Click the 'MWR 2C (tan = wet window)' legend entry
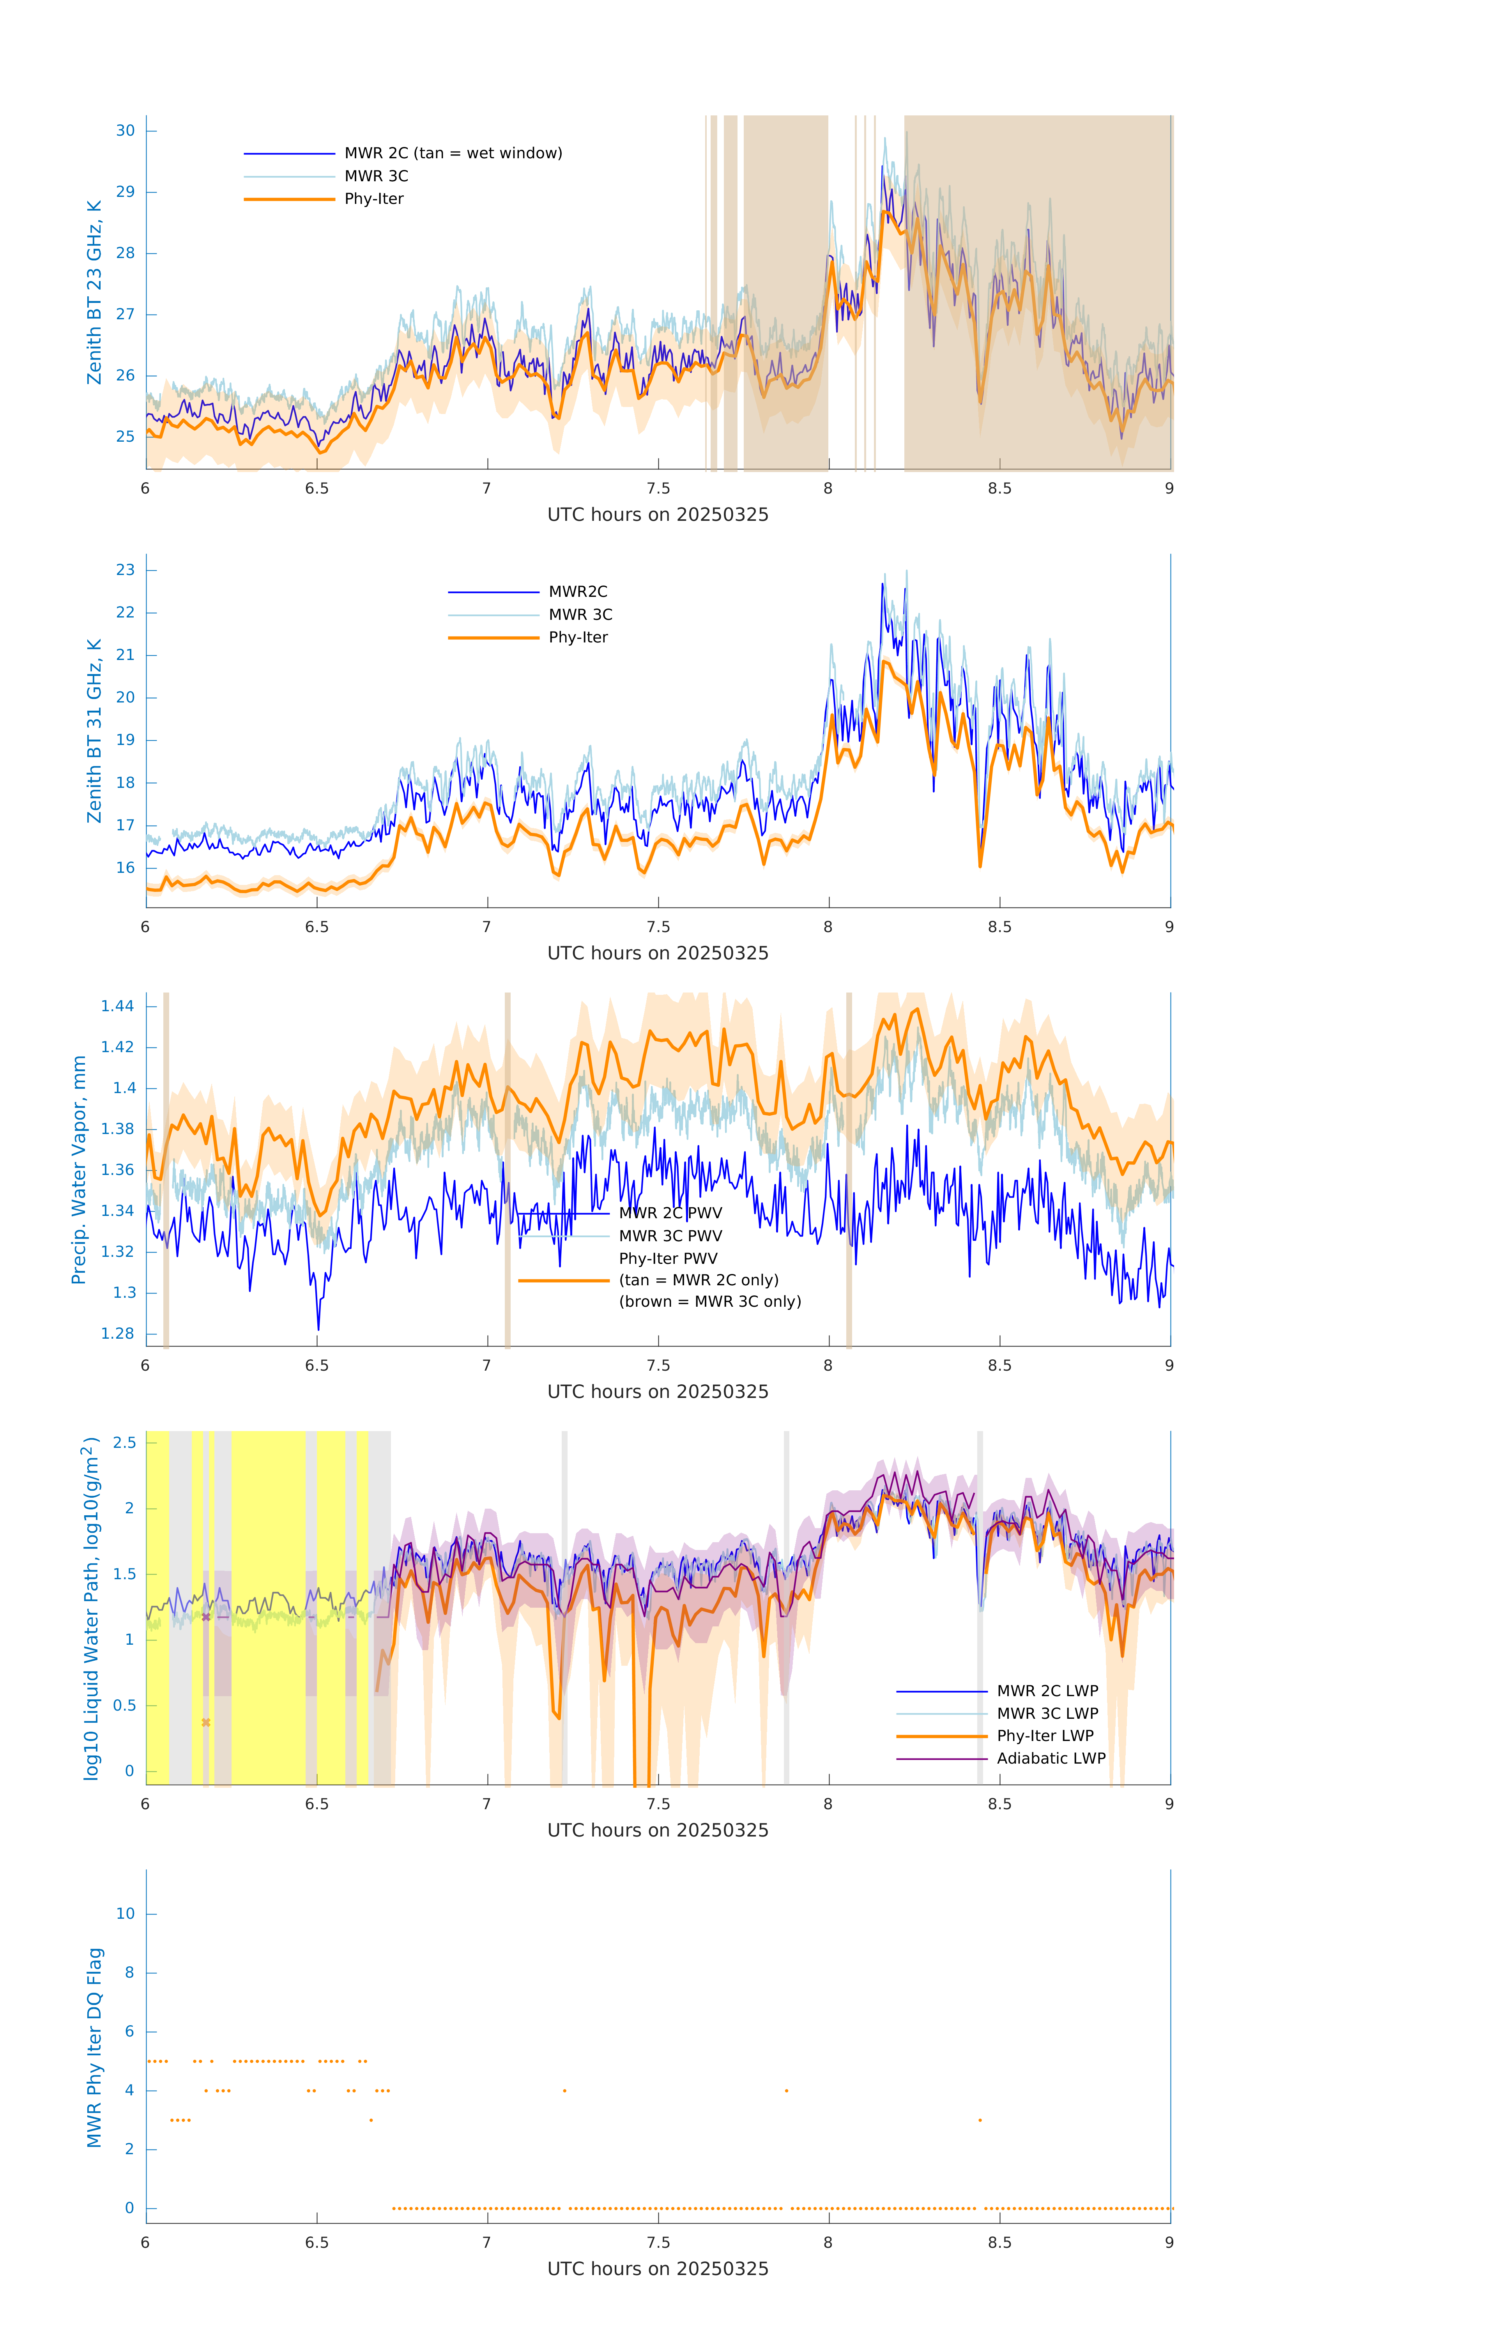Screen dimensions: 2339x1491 [x=453, y=154]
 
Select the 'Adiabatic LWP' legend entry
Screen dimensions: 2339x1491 [x=1051, y=1758]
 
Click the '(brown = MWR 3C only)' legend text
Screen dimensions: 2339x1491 [x=710, y=1302]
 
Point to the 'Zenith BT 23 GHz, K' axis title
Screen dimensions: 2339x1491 [x=94, y=292]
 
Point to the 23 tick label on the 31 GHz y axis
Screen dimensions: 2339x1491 [x=125, y=570]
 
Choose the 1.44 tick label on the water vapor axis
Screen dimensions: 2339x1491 [x=118, y=1006]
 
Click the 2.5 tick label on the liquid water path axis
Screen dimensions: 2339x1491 [x=124, y=1442]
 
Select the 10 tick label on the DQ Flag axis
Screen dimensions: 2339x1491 [x=125, y=1914]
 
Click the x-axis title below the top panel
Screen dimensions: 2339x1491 [x=658, y=515]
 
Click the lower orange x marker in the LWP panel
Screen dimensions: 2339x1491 [x=206, y=1722]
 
